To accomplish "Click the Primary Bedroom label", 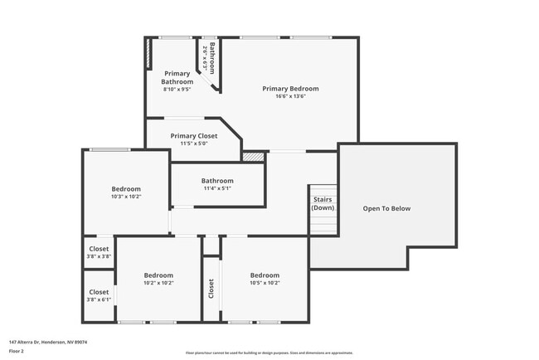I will click(x=290, y=89).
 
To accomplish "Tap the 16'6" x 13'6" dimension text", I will click(x=290, y=96).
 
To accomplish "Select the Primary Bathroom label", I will click(x=177, y=78).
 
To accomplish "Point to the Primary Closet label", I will click(x=194, y=136).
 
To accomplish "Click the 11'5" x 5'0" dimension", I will click(x=194, y=144).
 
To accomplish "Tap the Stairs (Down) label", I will click(x=323, y=203).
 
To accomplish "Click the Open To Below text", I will click(x=386, y=208).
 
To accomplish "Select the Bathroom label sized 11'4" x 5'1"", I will click(x=217, y=181).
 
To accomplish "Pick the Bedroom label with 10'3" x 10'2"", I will click(x=126, y=189).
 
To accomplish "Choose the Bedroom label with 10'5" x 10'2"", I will click(x=265, y=275).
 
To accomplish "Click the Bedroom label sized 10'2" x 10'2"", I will click(x=158, y=275).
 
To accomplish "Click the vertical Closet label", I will click(x=211, y=289).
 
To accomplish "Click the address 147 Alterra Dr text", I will click(x=48, y=341).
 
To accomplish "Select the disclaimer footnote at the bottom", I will click(x=269, y=352).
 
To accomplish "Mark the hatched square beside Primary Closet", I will click(x=254, y=155).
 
